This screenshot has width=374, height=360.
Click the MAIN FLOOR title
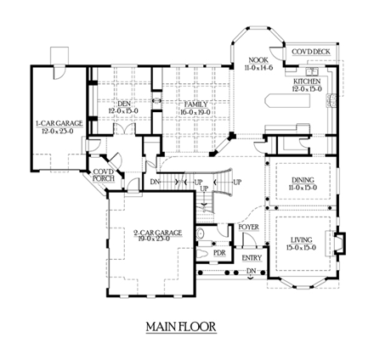pyautogui.click(x=179, y=325)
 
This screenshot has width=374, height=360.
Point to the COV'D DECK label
pyautogui.click(x=311, y=53)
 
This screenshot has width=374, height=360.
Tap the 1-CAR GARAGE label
pyautogui.click(x=59, y=124)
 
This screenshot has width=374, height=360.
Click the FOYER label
pyautogui.click(x=248, y=228)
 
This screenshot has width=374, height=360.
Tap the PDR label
pyautogui.click(x=219, y=252)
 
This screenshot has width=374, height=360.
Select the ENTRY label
pyautogui.click(x=252, y=257)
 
